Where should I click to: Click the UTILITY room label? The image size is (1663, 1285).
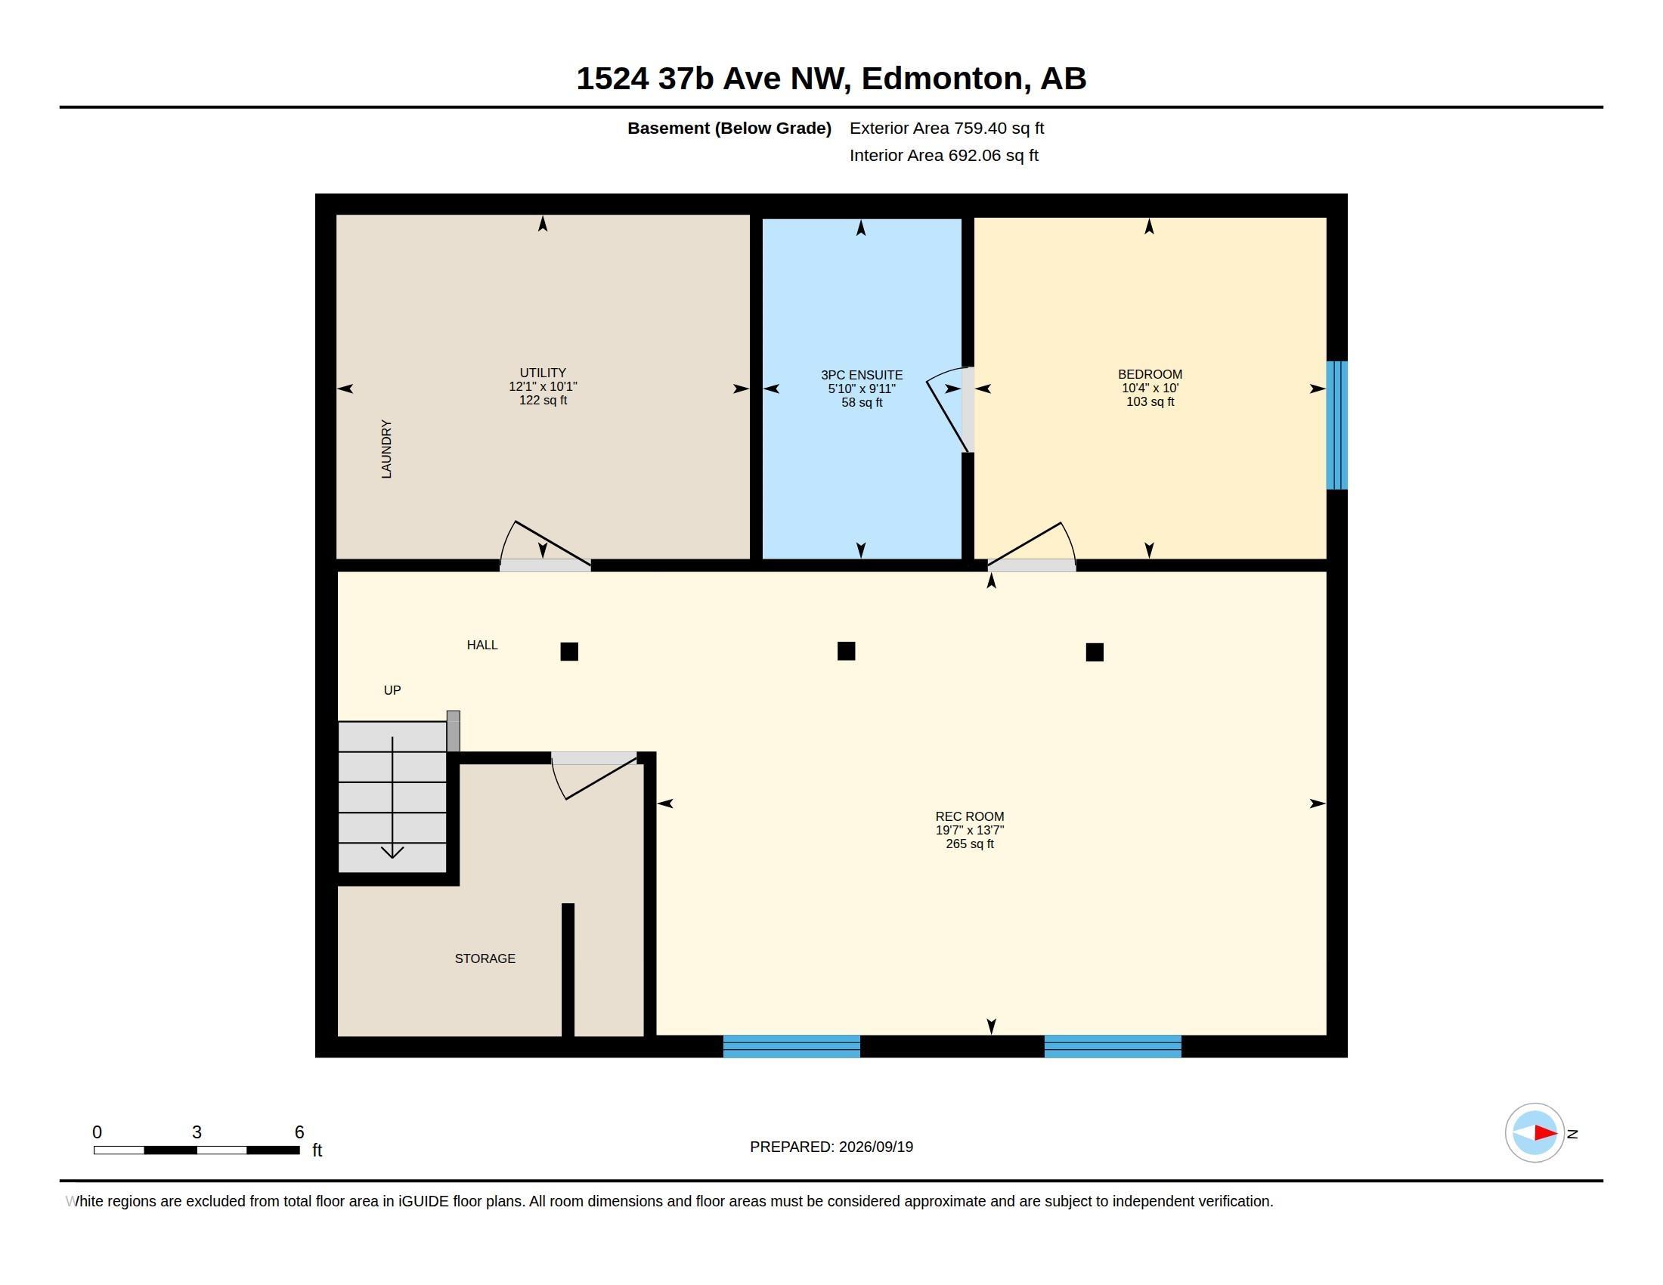tap(542, 373)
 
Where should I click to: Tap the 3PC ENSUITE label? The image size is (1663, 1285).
tap(861, 376)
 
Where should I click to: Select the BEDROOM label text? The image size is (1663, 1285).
tap(1150, 374)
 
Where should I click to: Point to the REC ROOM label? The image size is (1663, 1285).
tap(969, 817)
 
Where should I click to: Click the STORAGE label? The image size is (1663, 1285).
tap(485, 959)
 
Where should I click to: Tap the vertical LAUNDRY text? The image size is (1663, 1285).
tap(386, 449)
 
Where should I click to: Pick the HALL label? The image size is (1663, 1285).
tap(482, 646)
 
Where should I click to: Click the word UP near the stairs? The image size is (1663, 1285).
tap(392, 690)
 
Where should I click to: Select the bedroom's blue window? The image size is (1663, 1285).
tap(1336, 425)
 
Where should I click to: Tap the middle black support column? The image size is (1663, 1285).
tap(846, 651)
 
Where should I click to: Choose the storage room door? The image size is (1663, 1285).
tap(594, 776)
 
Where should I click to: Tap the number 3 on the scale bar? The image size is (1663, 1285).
tap(197, 1132)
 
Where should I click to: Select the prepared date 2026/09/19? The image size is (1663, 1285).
tap(875, 1147)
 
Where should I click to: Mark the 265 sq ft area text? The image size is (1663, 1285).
tap(969, 844)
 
